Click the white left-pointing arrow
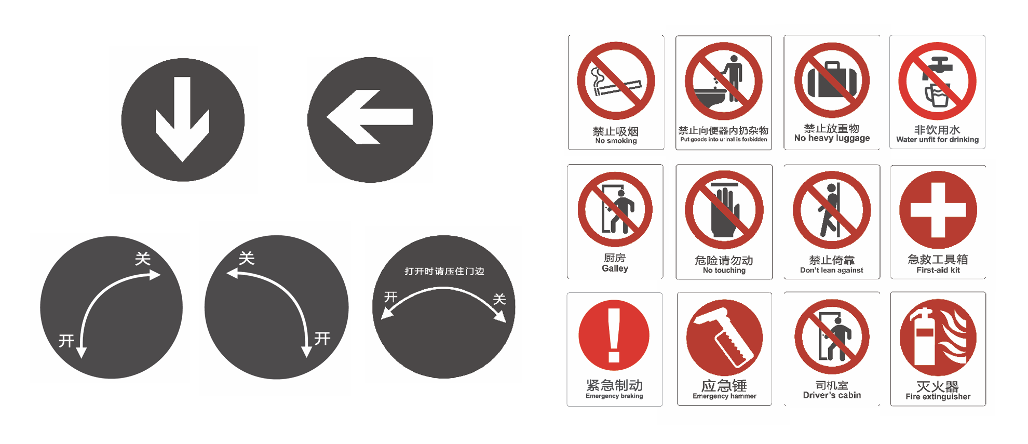point(369,117)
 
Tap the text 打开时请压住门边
point(444,271)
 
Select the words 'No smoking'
point(616,141)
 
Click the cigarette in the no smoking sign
point(618,88)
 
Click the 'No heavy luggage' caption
point(832,138)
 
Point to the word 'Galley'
point(615,268)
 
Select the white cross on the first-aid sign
point(938,210)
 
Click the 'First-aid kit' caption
point(938,270)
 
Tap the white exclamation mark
point(614,335)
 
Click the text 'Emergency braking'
point(614,396)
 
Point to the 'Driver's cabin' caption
point(832,395)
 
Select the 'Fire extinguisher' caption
point(938,397)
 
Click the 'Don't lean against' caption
point(831,270)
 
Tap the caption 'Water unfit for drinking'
point(937,140)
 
